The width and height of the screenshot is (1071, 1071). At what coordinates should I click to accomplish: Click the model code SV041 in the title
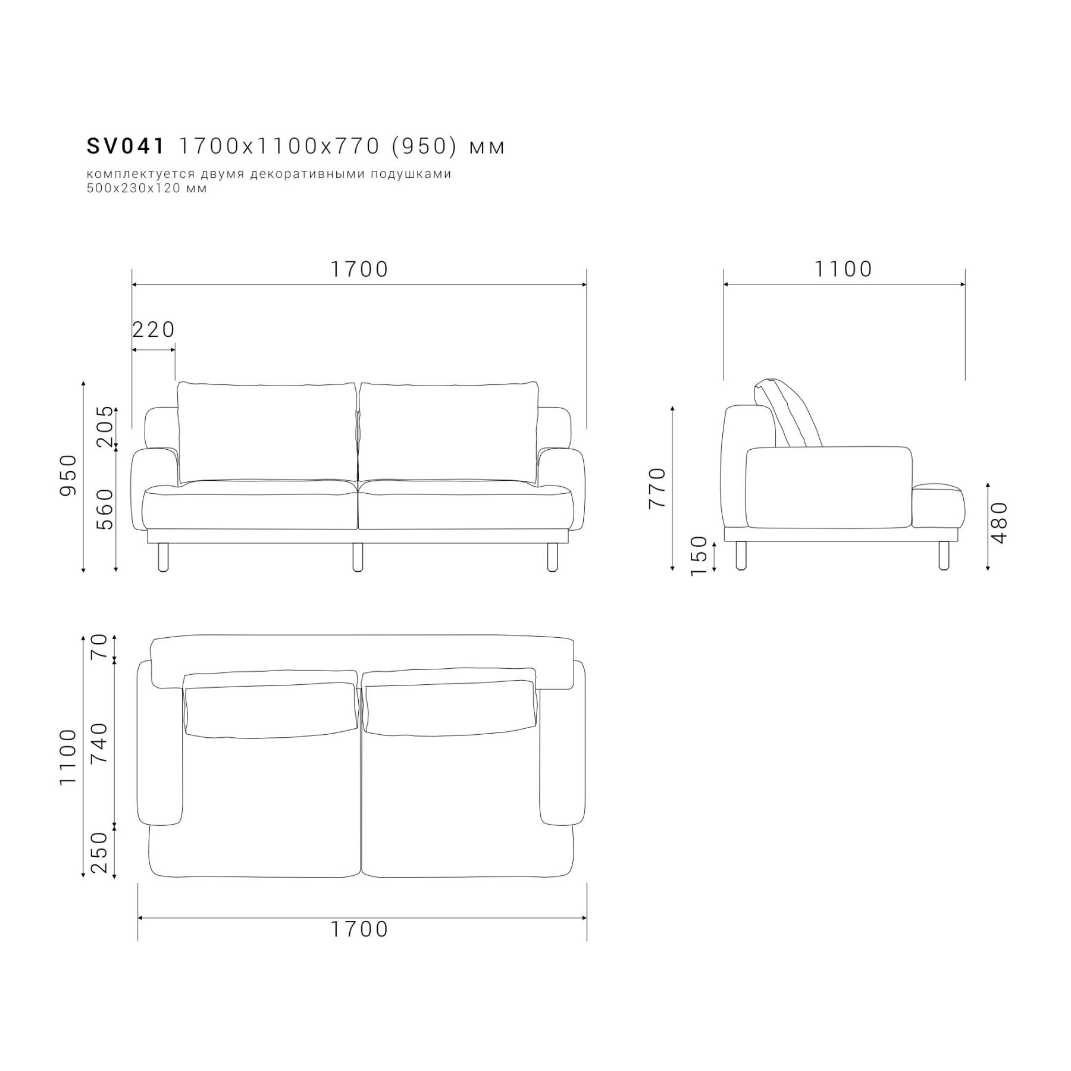point(126,146)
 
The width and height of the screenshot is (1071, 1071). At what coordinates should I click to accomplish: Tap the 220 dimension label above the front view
point(154,329)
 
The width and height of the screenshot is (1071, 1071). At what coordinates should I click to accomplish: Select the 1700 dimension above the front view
point(359,269)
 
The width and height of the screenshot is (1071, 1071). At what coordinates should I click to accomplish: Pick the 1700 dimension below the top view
point(359,929)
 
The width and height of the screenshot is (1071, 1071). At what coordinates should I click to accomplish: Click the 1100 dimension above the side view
point(843,269)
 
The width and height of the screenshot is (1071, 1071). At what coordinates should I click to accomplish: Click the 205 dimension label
point(104,427)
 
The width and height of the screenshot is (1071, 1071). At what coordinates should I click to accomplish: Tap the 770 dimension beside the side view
point(657,488)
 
